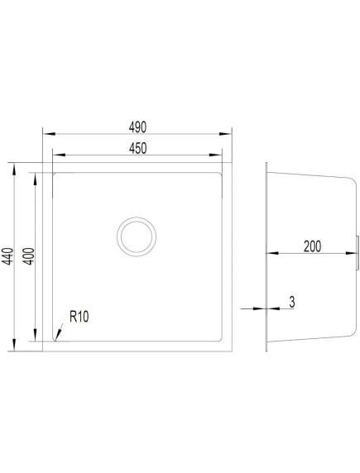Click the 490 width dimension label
pyautogui.click(x=137, y=127)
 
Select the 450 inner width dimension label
pyautogui.click(x=137, y=148)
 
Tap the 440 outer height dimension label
pyautogui.click(x=7, y=256)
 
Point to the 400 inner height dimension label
pyautogui.click(x=29, y=256)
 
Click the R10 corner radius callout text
pyautogui.click(x=79, y=317)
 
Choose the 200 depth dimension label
pyautogui.click(x=312, y=246)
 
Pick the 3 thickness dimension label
pyautogui.click(x=292, y=303)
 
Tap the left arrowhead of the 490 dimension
pyautogui.click(x=49, y=134)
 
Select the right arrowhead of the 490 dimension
pyautogui.click(x=225, y=134)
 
